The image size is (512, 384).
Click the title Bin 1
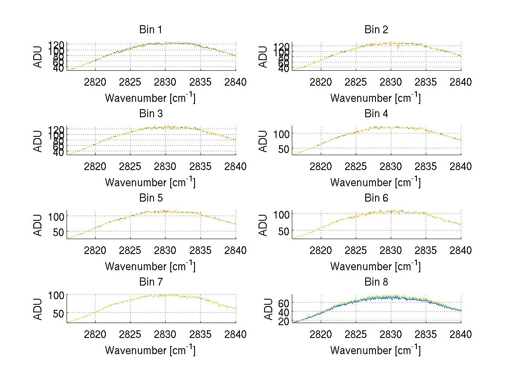150,30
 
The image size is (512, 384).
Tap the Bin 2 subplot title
376,30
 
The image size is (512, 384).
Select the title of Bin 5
150,198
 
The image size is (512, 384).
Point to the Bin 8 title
376,282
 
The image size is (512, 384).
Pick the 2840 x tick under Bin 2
461,82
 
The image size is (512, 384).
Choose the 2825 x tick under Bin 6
355,250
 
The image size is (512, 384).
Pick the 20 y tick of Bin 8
284,322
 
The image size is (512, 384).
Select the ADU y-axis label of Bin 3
38,141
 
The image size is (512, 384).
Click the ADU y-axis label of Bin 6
263,225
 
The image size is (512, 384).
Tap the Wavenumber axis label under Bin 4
375,182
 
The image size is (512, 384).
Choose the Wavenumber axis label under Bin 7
150,350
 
